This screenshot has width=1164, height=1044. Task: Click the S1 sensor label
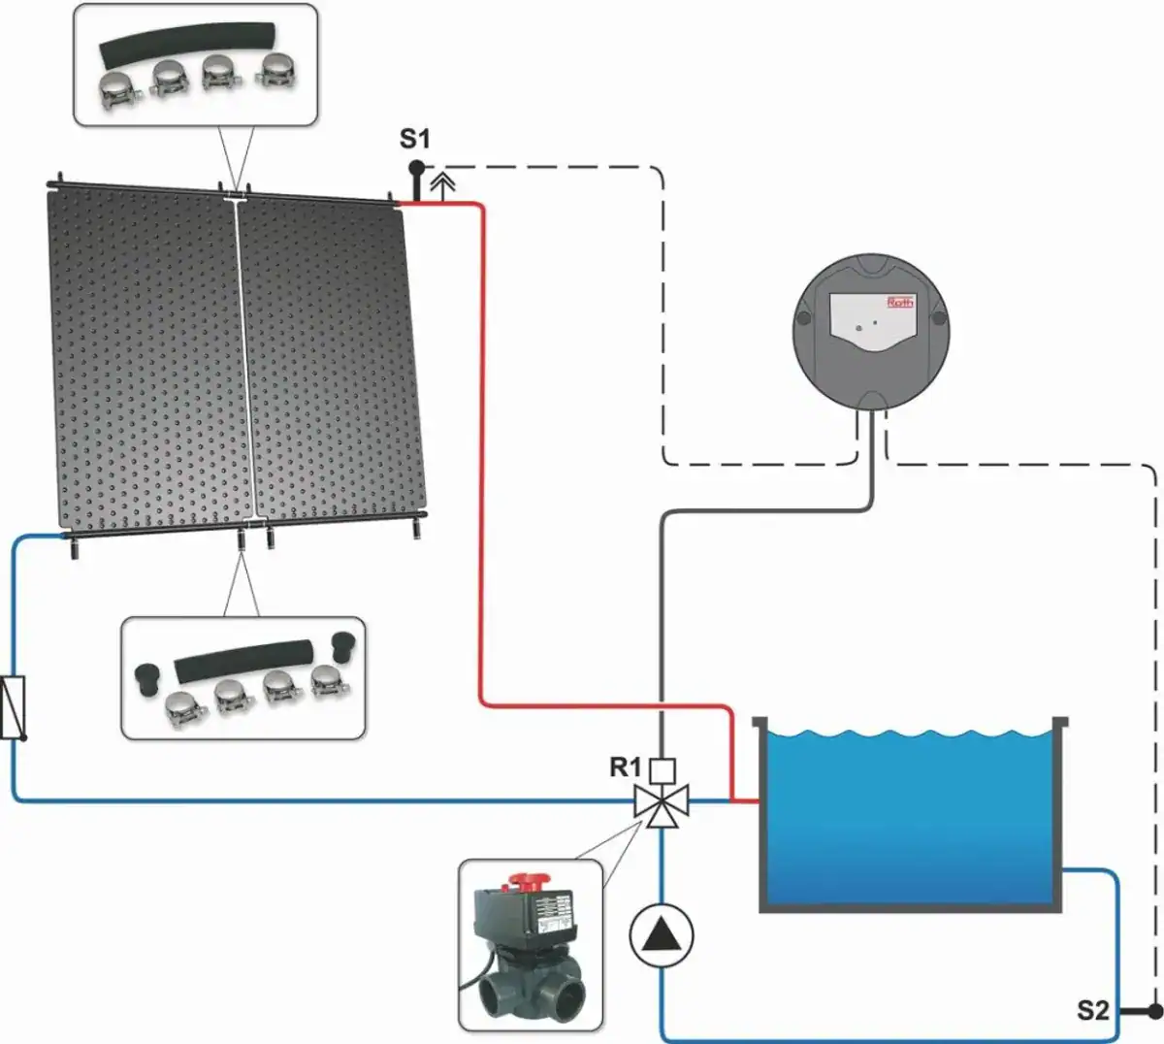point(414,140)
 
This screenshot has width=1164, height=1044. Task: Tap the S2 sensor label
point(1092,1010)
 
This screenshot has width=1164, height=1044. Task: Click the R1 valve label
point(625,767)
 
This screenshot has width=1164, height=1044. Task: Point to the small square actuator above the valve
point(662,771)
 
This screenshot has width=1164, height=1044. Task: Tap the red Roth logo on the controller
point(901,303)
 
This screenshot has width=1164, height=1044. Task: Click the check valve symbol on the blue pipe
point(14,707)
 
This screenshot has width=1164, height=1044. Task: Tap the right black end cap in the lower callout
point(344,647)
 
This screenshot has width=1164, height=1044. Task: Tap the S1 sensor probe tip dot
point(416,167)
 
